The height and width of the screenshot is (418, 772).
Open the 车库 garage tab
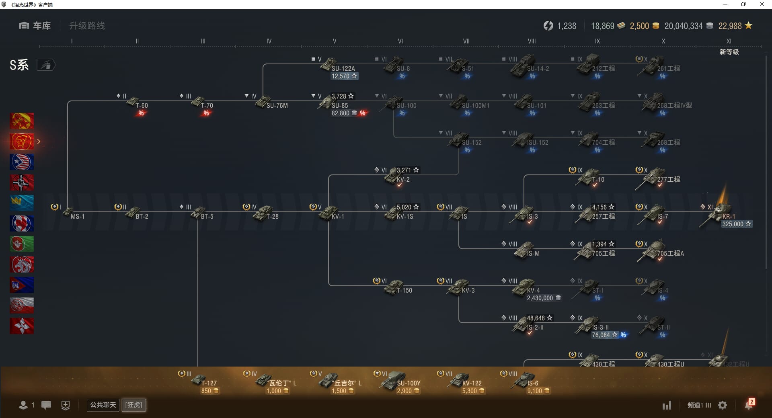35,26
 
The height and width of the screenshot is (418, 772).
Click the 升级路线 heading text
87,26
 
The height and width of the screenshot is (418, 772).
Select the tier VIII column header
532,41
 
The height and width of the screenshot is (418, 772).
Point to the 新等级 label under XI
729,52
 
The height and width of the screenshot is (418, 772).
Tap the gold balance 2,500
639,26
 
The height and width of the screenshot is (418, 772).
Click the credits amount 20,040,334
683,26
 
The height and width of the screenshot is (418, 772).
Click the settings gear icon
723,405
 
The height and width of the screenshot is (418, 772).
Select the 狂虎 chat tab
134,405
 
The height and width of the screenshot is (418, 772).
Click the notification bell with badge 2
749,405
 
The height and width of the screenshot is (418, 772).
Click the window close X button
762,4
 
